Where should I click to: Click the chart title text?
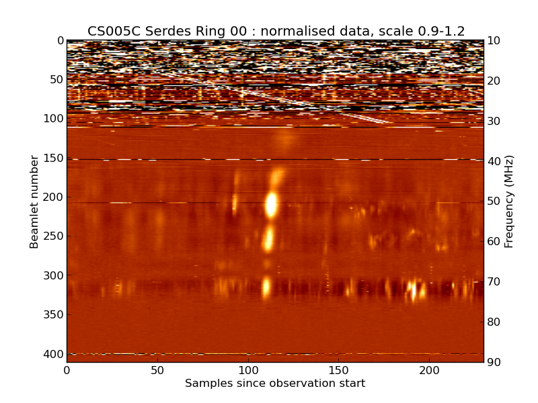(276, 31)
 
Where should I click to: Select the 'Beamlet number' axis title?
(34, 201)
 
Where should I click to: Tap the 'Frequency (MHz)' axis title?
(509, 201)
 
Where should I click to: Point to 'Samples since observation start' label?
(275, 384)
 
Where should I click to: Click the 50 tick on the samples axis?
(157, 370)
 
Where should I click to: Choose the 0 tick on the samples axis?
(67, 370)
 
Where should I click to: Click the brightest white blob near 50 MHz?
(272, 204)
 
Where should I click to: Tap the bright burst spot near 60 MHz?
(268, 238)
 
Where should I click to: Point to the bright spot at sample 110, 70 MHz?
(266, 287)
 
